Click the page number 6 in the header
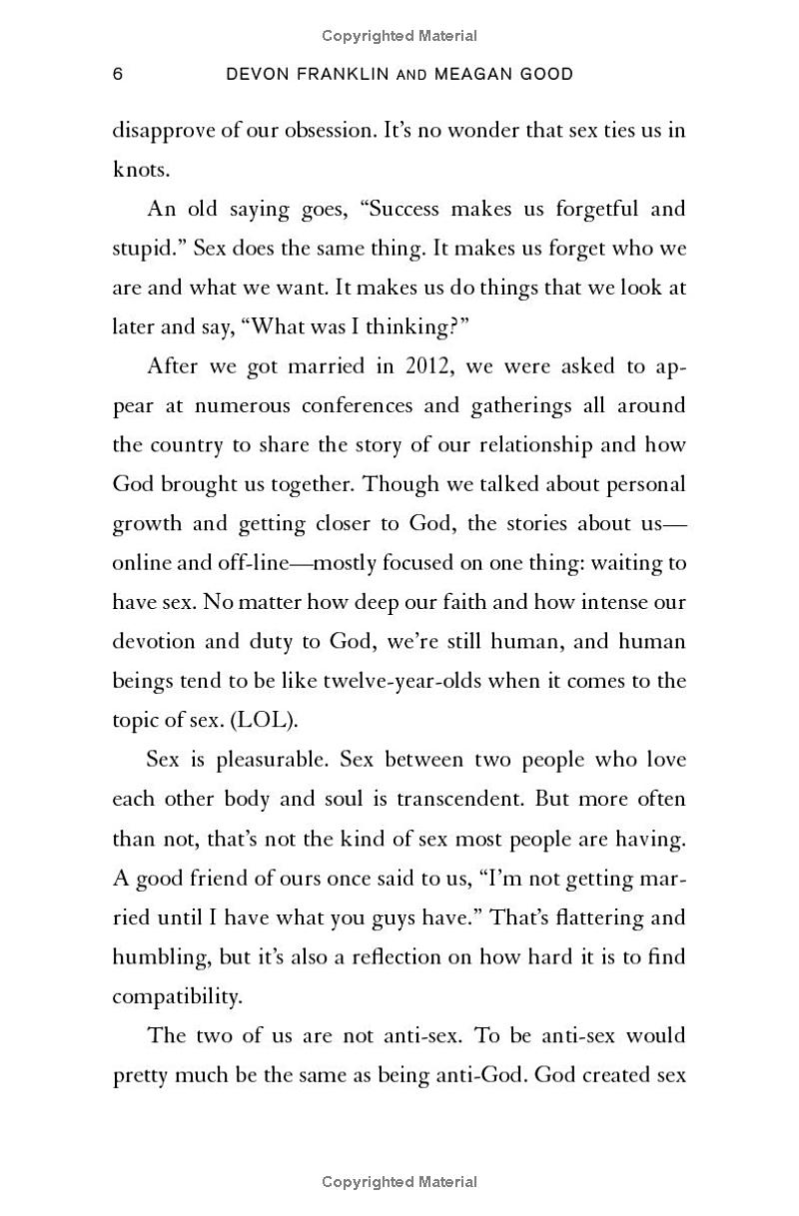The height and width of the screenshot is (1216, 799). point(118,75)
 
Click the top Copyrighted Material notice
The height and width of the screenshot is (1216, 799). point(399,36)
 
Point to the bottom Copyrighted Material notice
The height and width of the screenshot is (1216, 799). point(399,1182)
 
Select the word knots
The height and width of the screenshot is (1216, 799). point(141,169)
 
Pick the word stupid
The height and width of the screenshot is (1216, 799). point(144,248)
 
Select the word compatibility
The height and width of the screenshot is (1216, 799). point(176,995)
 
